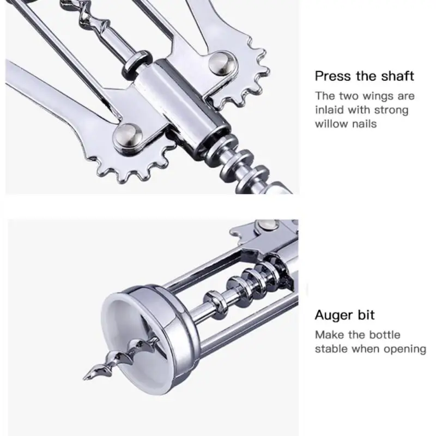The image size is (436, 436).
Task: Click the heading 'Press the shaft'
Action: click(364, 76)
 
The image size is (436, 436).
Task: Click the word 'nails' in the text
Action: click(364, 124)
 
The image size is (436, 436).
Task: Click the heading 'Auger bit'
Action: click(344, 314)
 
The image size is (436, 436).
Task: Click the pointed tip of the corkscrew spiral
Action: click(86, 376)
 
